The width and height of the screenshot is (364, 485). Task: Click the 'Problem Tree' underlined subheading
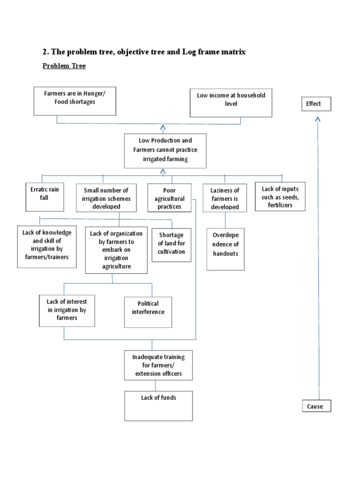[x=64, y=66]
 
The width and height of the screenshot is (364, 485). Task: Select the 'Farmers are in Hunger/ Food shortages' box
[x=75, y=101]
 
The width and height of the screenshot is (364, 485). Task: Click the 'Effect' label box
[x=316, y=104]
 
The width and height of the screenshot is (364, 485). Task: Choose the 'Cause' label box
[x=316, y=406]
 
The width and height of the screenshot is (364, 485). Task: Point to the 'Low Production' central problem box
[x=165, y=150]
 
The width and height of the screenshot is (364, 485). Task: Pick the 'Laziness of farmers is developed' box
[x=225, y=198]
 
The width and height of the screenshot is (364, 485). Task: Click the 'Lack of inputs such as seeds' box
[x=280, y=197]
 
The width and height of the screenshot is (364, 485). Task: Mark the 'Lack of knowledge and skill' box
[x=47, y=246]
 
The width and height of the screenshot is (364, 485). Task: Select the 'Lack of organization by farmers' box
[x=116, y=250]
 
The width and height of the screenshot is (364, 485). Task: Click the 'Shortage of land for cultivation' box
[x=172, y=244]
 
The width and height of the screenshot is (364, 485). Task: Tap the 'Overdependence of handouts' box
[x=226, y=249]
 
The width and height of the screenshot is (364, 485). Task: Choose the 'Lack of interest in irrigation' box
[x=64, y=310]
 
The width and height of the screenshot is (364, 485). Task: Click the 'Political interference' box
[x=148, y=312]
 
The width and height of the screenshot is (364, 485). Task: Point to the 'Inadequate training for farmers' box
[x=158, y=365]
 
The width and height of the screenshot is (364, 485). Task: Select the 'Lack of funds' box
[x=158, y=405]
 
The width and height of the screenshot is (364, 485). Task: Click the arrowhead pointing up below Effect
[x=318, y=120]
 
